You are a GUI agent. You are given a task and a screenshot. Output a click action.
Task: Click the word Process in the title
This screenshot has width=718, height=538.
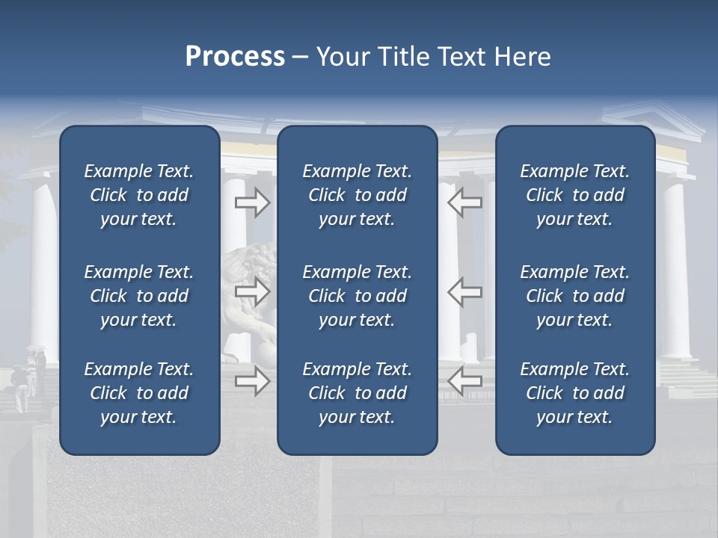coord(235,57)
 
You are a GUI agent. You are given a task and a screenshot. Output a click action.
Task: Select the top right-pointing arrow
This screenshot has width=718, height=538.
coord(252,202)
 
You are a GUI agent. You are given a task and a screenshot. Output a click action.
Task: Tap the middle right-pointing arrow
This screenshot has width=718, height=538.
coord(252,291)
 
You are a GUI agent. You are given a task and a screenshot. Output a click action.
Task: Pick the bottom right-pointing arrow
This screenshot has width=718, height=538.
coord(252,380)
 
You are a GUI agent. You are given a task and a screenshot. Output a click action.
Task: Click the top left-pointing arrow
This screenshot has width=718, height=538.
coord(464,202)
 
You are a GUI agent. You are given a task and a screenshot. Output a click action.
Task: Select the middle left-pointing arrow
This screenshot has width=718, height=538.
coord(464,291)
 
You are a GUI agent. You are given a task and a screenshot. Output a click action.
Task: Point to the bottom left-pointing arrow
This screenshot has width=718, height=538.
coord(464,380)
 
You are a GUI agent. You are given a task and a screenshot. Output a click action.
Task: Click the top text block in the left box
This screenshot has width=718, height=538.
coord(139,195)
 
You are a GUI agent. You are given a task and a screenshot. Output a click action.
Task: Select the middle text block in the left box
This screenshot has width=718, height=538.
coord(139,296)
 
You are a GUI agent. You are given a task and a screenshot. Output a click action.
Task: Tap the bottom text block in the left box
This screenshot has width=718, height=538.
coord(139,393)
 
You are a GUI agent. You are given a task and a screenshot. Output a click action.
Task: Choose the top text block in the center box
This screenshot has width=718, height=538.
coord(357,195)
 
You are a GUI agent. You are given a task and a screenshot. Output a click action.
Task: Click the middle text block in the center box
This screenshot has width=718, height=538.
coord(357,296)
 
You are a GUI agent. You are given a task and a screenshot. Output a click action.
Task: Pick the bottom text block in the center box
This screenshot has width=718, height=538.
coord(357,393)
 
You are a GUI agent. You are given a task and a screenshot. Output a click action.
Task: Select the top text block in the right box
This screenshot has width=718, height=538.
coord(574,195)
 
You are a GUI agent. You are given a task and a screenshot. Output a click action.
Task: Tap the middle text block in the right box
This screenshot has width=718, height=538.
coord(574,296)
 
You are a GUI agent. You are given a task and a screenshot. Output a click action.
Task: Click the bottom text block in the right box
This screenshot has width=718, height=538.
coord(574,393)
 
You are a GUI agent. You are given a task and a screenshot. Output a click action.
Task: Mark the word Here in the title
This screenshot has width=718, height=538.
coord(522,57)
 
